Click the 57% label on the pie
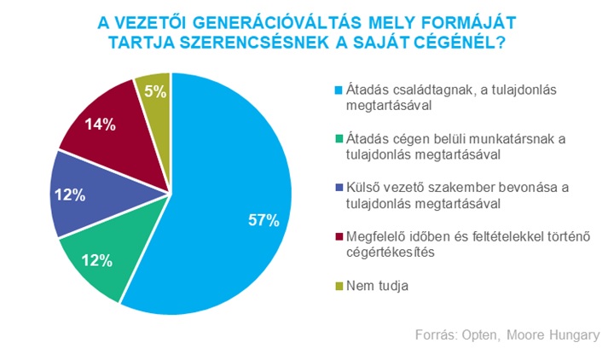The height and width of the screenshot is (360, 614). tap(264, 220)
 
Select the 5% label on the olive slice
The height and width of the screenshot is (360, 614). tap(155, 90)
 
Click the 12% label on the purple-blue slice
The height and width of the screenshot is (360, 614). tap(69, 195)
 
